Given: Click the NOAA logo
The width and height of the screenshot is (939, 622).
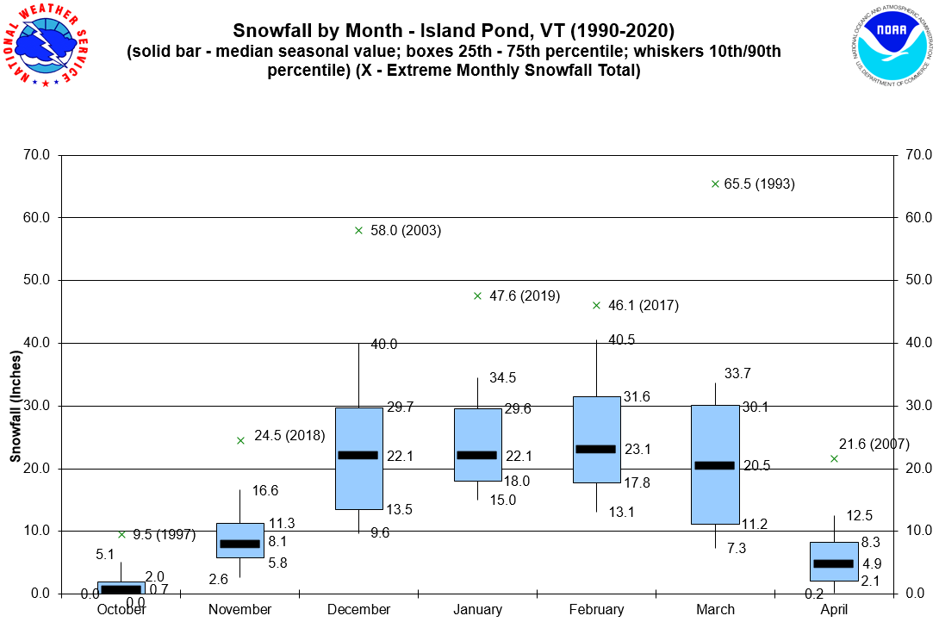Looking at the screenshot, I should tap(890, 47).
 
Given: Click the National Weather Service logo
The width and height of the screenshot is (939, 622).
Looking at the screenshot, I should tap(50, 47).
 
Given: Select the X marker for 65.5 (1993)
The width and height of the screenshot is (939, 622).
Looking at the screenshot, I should tap(715, 183).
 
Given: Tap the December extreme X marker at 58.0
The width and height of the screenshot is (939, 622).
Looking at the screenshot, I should tap(358, 230).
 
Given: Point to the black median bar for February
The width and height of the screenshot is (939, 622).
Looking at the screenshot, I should tap(596, 449).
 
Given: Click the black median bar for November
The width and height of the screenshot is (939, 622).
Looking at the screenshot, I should tap(239, 544).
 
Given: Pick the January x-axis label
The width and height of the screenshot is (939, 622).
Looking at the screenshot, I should tap(477, 610).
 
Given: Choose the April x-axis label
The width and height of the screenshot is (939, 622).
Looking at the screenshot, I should tap(834, 610).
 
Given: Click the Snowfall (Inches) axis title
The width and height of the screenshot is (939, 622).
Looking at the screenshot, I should tap(16, 405).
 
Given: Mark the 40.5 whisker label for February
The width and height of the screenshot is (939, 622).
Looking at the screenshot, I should tap(622, 340).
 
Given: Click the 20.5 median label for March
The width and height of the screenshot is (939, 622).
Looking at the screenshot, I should tap(756, 466).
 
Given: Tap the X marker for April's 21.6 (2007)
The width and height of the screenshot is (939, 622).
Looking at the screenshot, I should tap(834, 458).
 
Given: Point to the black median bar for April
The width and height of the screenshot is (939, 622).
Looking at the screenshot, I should tap(834, 563).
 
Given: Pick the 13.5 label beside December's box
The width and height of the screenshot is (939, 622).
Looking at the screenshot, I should tap(398, 510).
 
